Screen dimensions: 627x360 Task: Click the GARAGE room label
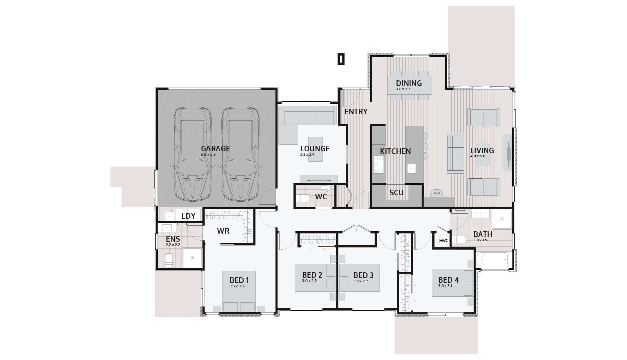[215, 149]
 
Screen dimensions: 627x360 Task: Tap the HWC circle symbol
[443, 240]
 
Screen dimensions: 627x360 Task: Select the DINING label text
[409, 83]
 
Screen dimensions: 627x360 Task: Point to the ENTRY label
[356, 112]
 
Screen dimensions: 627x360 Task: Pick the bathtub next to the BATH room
[493, 259]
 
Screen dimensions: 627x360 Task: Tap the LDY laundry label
[188, 216]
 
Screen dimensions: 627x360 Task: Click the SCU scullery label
[397, 193]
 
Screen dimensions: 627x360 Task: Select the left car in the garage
[192, 154]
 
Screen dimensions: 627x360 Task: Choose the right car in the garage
[240, 154]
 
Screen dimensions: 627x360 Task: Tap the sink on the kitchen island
[412, 168]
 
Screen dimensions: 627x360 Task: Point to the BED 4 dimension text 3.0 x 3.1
[445, 286]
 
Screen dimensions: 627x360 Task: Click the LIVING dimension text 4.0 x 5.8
[478, 156]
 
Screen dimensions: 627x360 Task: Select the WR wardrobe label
[223, 231]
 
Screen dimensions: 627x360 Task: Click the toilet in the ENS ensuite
[169, 260]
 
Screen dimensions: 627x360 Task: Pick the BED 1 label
[239, 280]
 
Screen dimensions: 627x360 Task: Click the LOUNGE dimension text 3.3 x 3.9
[307, 155]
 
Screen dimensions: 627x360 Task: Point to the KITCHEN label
[396, 151]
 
